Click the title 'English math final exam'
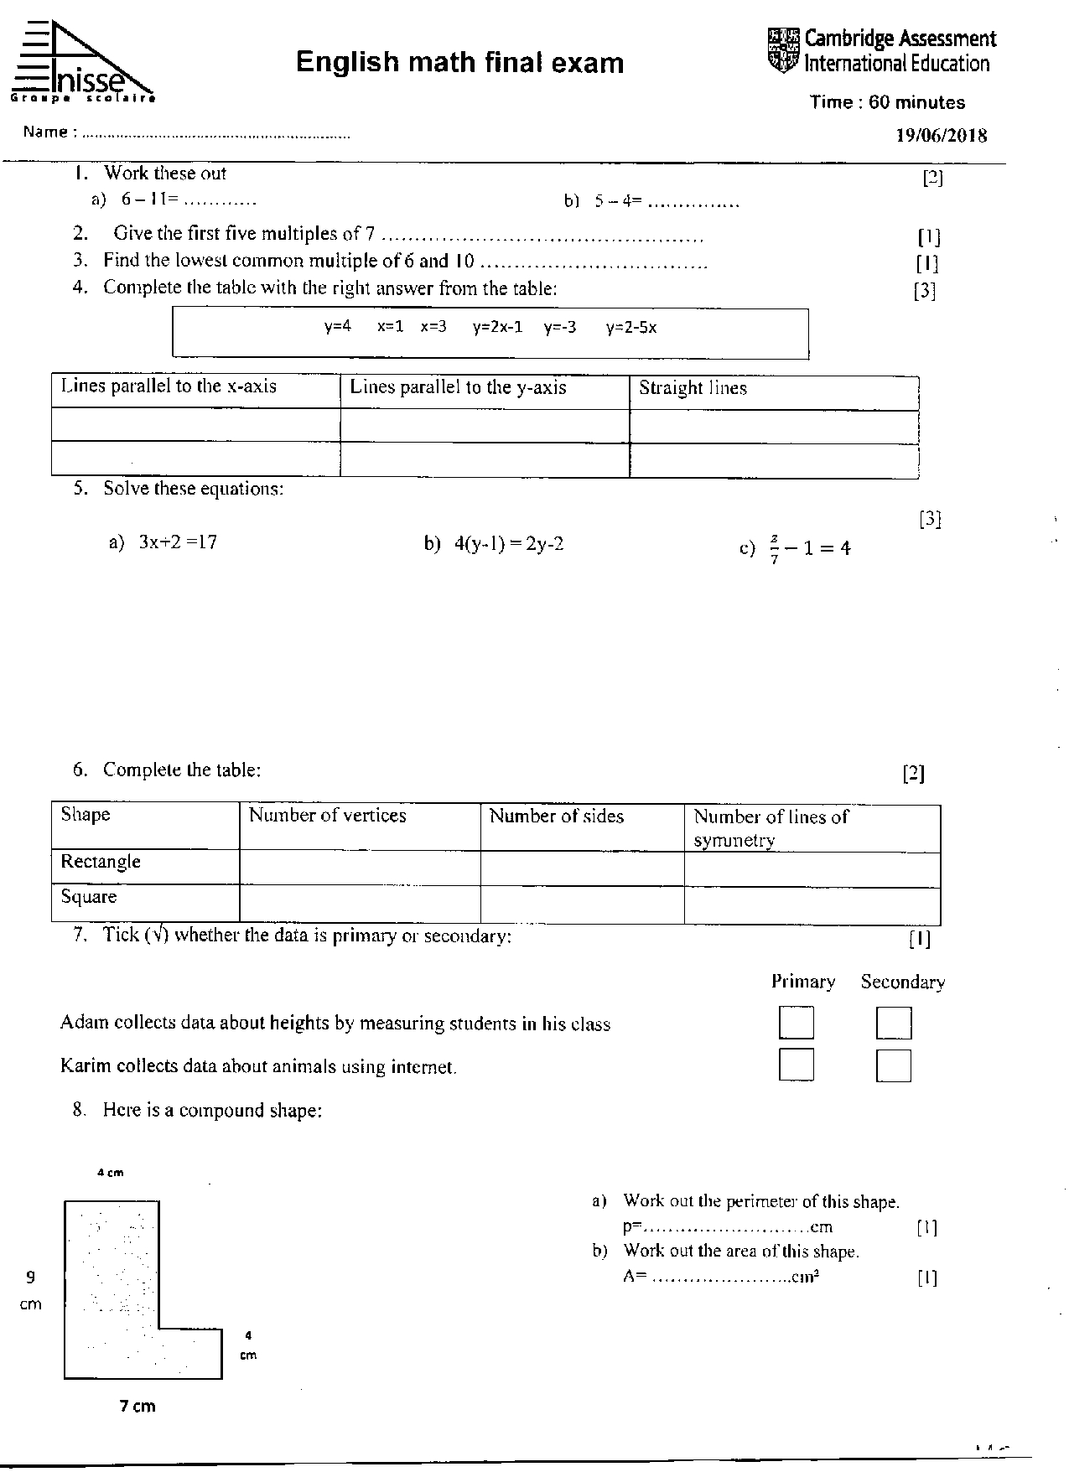pos(459,63)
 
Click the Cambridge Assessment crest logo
pos(784,50)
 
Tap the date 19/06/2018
pos(942,136)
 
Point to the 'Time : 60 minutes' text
pos(887,102)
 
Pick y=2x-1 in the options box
pos(497,327)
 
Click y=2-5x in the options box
pos(631,328)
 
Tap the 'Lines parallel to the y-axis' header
pos(458,387)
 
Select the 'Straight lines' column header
pos(693,388)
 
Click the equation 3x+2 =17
pos(178,542)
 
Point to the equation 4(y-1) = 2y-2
pos(508,544)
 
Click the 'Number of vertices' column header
pos(327,816)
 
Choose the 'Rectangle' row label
pos(101,862)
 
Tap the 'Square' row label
pos(89,897)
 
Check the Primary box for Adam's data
pos(796,1023)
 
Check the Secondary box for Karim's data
pos(894,1066)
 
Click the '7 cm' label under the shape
pos(138,1406)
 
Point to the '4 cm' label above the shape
pos(111,1173)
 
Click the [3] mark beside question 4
pos(924,291)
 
